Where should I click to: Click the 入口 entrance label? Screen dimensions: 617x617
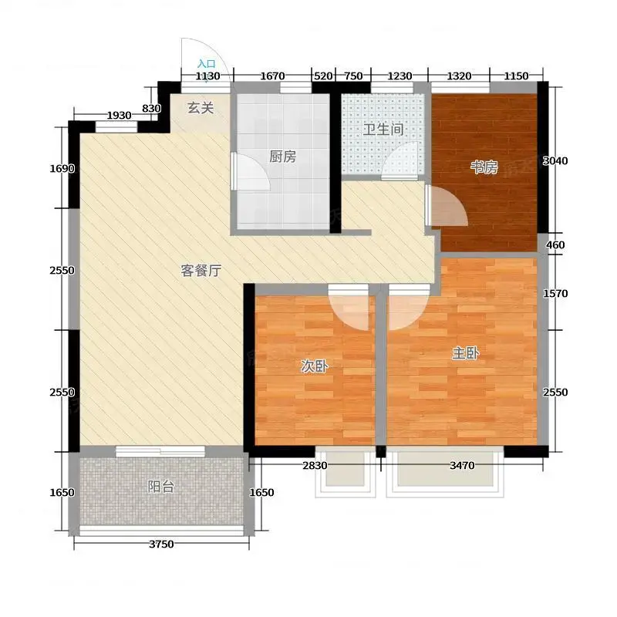click(207, 63)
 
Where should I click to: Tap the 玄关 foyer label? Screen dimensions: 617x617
click(201, 107)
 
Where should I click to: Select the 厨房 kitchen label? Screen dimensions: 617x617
click(282, 157)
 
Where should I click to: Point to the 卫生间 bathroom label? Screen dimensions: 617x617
click(383, 130)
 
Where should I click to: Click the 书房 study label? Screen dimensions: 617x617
click(484, 167)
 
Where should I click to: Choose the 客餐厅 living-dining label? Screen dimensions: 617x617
click(201, 271)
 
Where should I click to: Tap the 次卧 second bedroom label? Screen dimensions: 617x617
click(315, 366)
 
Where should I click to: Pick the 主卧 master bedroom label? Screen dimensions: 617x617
click(466, 353)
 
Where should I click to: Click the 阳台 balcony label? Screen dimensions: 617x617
click(161, 487)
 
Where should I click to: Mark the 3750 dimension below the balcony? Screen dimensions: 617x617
click(161, 545)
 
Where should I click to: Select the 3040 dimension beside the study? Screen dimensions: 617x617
click(555, 160)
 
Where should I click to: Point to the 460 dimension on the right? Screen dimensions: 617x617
click(555, 244)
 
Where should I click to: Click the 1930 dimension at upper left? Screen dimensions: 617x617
click(120, 115)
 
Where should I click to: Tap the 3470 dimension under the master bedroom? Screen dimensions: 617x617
click(462, 466)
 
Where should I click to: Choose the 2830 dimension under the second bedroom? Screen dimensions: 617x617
click(315, 466)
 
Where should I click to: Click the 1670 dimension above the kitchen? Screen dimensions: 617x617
click(272, 76)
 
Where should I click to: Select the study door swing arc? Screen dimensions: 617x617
click(457, 199)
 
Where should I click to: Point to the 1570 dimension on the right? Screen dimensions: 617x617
click(555, 293)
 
